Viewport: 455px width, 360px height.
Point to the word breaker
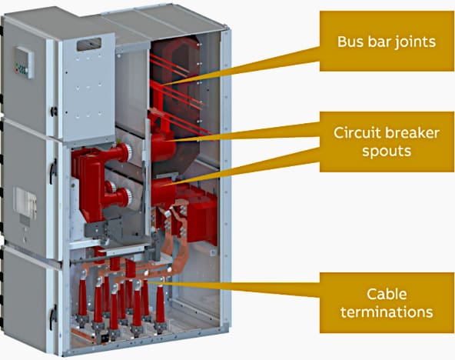[x=412, y=132]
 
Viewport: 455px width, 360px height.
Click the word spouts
[x=387, y=152]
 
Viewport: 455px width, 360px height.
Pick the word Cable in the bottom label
[x=387, y=294]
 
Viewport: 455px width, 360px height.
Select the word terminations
[x=387, y=312]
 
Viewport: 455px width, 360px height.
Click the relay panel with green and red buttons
[x=25, y=62]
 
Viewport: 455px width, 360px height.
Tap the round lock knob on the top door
[x=54, y=112]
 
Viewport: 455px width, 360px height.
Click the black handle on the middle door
[x=53, y=172]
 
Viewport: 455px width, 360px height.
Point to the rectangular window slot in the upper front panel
[x=89, y=45]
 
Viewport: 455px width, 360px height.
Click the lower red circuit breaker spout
[x=164, y=193]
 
